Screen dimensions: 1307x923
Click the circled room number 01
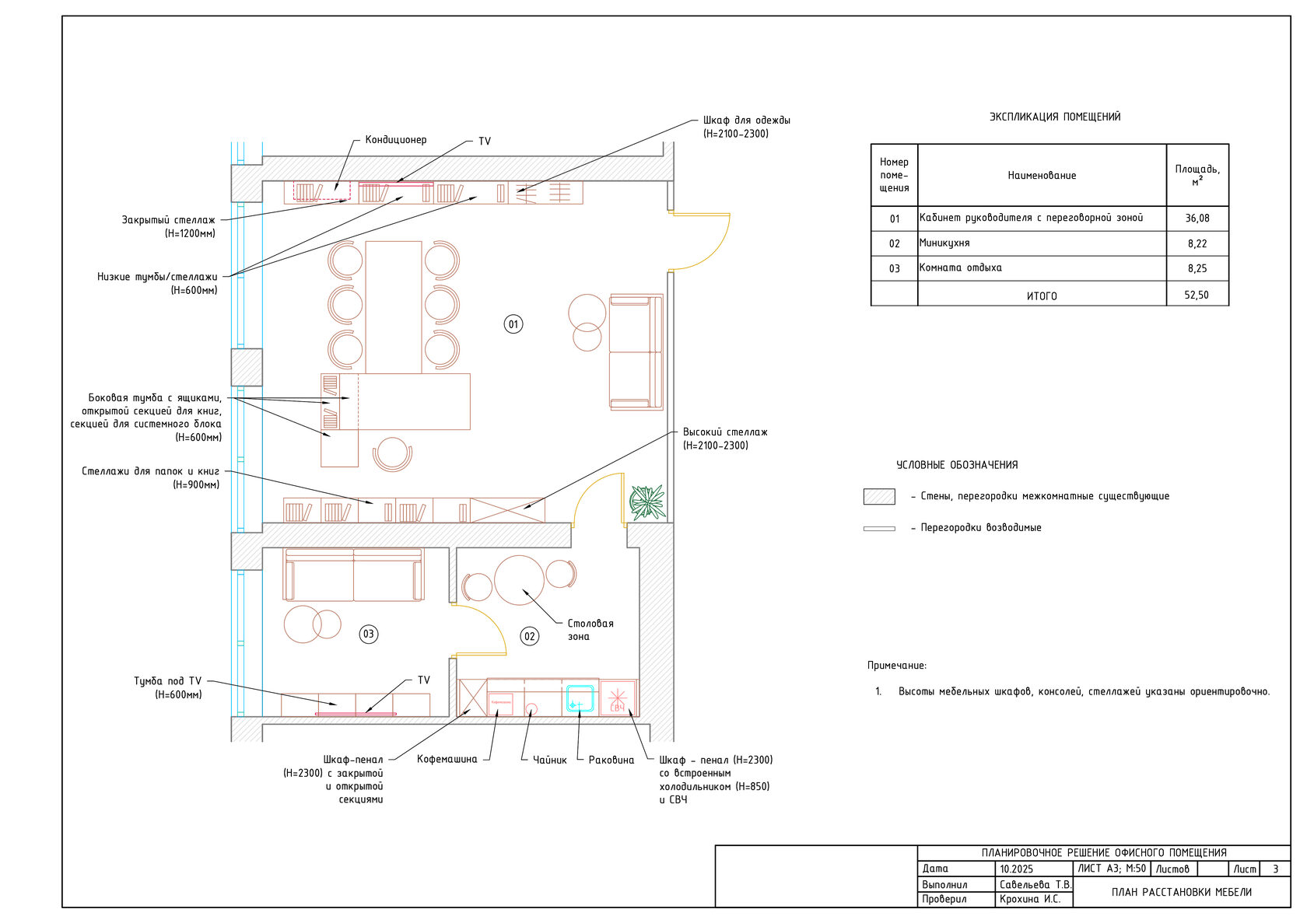click(513, 324)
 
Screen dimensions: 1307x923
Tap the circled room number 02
click(529, 636)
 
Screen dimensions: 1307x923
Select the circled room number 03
click(368, 634)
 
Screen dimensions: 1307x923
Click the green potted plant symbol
click(646, 502)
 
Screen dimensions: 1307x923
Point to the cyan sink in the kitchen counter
click(580, 698)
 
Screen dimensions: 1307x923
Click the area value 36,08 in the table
click(1197, 218)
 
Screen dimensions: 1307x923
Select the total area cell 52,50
click(1197, 295)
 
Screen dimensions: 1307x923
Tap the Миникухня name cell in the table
click(944, 243)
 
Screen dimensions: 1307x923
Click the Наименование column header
click(1042, 176)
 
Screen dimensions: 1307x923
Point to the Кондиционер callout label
click(395, 140)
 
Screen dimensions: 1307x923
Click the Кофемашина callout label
click(447, 759)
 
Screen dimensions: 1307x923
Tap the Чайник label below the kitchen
click(549, 760)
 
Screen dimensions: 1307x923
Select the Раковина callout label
click(611, 760)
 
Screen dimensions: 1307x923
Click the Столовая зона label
click(590, 630)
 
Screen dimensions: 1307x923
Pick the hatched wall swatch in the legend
click(879, 496)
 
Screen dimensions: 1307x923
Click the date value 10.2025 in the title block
click(1016, 869)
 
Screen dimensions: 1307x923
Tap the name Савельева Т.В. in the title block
click(1035, 885)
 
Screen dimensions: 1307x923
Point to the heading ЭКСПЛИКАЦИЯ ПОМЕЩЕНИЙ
click(1055, 117)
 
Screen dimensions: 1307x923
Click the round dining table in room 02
click(519, 580)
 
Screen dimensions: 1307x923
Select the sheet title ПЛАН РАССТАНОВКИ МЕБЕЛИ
click(1182, 892)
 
